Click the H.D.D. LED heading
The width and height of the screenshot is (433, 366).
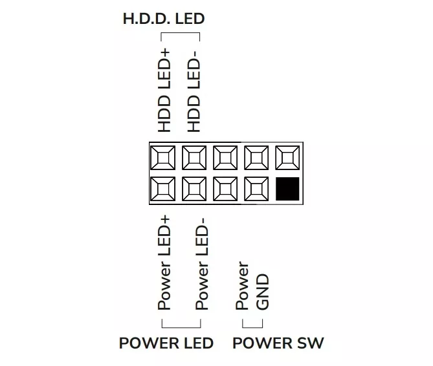click(x=164, y=19)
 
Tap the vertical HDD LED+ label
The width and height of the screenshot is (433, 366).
click(x=164, y=91)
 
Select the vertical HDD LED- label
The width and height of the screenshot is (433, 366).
click(x=194, y=92)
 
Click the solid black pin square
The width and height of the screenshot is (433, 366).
click(x=287, y=189)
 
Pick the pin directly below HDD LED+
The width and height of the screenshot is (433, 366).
click(x=163, y=158)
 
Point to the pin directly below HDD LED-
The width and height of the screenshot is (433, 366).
click(x=194, y=158)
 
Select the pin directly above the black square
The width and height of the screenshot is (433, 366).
click(x=287, y=158)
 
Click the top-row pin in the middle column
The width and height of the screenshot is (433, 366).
click(x=225, y=158)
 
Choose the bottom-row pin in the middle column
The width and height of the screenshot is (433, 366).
click(x=225, y=189)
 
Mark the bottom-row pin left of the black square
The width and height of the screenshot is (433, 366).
click(x=256, y=189)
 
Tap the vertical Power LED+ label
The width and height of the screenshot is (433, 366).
click(x=164, y=263)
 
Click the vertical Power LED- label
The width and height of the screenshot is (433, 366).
click(x=201, y=264)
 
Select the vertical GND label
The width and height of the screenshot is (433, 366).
click(x=263, y=292)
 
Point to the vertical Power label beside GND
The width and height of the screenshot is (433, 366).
click(x=243, y=285)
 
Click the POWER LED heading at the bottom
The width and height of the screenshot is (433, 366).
click(x=166, y=343)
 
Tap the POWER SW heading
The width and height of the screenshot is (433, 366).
click(x=278, y=343)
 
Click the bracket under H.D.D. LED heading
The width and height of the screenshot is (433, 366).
click(x=181, y=33)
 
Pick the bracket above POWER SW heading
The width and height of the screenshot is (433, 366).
click(x=252, y=328)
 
